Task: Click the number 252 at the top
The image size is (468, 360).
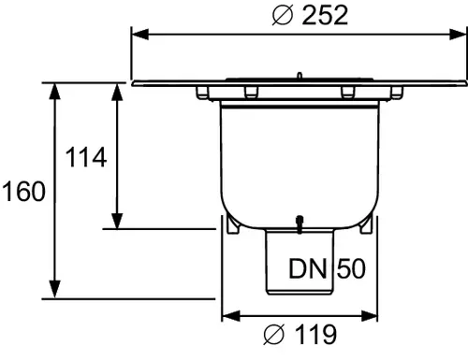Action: [x=325, y=15]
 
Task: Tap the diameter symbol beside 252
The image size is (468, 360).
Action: [x=283, y=15]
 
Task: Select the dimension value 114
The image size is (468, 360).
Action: [x=86, y=157]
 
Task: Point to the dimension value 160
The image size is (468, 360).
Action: [x=23, y=191]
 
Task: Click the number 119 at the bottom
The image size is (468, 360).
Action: [x=315, y=334]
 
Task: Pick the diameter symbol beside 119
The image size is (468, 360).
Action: [x=274, y=334]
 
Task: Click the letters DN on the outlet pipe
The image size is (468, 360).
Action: [x=308, y=268]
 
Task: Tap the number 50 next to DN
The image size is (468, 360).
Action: [x=351, y=268]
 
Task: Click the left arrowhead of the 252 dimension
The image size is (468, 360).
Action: [x=140, y=35]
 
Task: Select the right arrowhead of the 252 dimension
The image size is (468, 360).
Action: [x=458, y=35]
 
